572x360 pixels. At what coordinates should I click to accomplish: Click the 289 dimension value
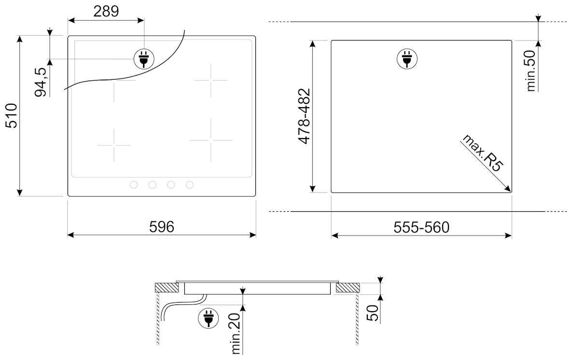coord(106,11)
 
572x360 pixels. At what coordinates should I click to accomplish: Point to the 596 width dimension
coord(162,227)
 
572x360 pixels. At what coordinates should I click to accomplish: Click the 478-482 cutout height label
coord(304,116)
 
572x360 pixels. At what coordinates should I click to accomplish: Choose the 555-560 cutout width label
coord(421,227)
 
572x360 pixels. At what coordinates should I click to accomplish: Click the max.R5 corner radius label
coord(483,153)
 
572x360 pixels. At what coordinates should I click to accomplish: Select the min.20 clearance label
coord(237,333)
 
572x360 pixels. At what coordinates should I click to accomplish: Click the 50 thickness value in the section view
coord(373,313)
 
